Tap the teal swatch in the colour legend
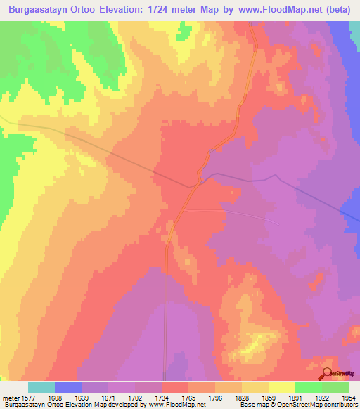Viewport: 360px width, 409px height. coord(41,387)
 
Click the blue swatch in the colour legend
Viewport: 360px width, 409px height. coord(68,387)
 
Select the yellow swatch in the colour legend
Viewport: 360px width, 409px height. coord(282,387)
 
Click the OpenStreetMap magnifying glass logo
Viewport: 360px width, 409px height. coord(328,375)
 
